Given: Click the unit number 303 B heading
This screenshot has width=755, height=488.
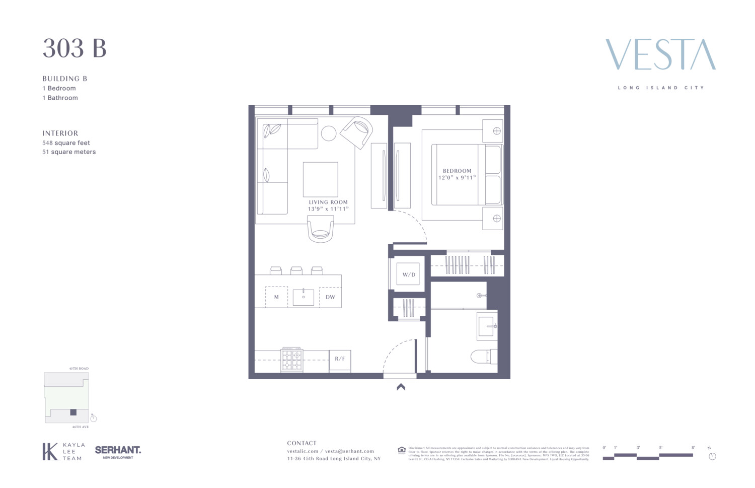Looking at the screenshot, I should (74, 49).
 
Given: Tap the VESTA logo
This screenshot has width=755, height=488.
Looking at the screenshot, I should (660, 55).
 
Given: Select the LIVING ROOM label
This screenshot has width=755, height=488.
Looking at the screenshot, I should (328, 202).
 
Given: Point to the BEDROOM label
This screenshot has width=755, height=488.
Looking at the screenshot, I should (457, 171).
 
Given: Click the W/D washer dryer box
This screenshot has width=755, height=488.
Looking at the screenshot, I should (408, 274).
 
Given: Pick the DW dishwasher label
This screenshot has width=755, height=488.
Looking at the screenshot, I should (330, 297).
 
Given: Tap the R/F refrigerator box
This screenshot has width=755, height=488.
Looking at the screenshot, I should (340, 359).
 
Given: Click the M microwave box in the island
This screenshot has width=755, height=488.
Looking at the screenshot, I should (276, 297).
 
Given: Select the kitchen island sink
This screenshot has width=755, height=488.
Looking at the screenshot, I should (304, 297).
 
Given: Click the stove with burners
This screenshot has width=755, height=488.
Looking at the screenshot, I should (292, 360).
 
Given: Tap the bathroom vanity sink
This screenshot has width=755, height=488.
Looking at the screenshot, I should (487, 326).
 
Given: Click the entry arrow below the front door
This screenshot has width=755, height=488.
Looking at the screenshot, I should (401, 387).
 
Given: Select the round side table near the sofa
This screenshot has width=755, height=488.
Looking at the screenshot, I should (329, 133).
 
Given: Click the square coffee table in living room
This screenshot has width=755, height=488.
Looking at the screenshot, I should (320, 179).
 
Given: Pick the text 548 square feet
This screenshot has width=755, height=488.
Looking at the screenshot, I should (66, 143).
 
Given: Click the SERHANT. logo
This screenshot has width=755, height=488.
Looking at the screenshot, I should (118, 451).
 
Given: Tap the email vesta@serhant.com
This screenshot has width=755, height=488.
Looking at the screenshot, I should (349, 451).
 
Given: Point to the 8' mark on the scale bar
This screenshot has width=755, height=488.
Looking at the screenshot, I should (693, 448).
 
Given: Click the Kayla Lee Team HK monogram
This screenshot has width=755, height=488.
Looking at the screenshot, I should (50, 451).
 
